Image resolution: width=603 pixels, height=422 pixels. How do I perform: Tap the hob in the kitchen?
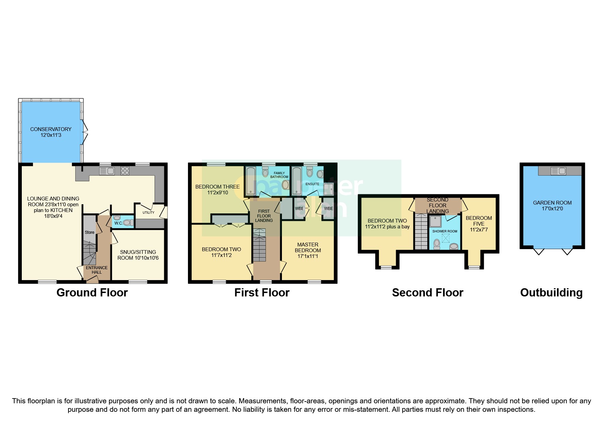(125, 171)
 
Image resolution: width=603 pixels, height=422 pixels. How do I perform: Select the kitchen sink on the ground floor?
(107, 171)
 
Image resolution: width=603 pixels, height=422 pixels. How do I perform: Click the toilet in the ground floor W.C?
(127, 223)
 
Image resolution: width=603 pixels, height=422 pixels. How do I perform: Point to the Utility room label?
(148, 212)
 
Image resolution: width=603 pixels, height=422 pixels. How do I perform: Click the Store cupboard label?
(90, 232)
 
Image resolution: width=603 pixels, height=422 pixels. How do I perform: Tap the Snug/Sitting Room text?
(138, 255)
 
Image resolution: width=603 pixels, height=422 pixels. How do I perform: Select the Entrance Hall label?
(97, 270)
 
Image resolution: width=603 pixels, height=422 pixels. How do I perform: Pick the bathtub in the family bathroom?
(251, 181)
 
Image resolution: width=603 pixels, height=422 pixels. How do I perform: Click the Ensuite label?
(312, 184)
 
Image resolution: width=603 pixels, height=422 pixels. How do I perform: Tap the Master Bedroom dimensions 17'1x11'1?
(308, 256)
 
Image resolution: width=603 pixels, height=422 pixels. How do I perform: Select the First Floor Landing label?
(264, 216)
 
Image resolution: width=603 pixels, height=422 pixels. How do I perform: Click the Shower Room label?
(445, 231)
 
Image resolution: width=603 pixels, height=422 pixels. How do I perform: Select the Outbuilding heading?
(551, 293)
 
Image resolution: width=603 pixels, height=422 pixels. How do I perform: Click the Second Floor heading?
(428, 293)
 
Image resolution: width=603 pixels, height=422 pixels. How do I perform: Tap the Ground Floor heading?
(92, 293)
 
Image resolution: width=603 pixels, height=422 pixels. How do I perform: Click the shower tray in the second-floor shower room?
(435, 222)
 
